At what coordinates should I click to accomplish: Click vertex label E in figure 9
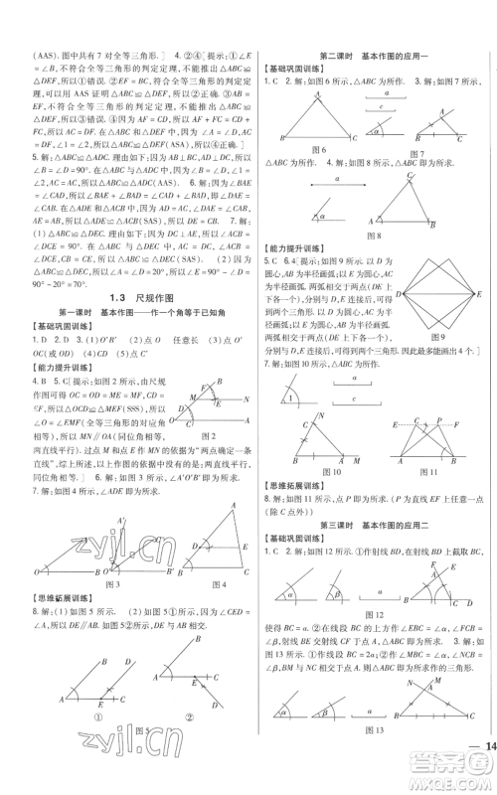(480, 295)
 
